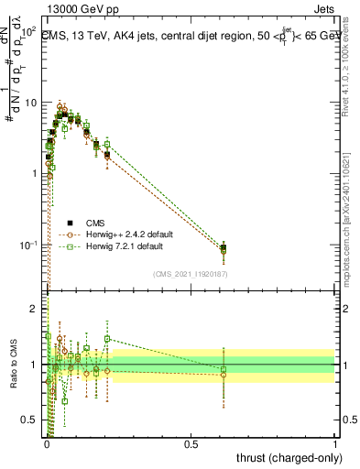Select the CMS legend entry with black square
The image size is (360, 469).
tap(96, 222)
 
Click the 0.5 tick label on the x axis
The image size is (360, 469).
tap(191, 444)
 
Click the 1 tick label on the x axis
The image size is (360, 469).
tap(334, 444)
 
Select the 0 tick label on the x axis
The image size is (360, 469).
tap(48, 444)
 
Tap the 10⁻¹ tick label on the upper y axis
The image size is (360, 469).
tap(27, 245)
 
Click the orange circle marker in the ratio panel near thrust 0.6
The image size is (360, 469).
tap(224, 376)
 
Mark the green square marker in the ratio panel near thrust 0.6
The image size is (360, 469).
tap(224, 369)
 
